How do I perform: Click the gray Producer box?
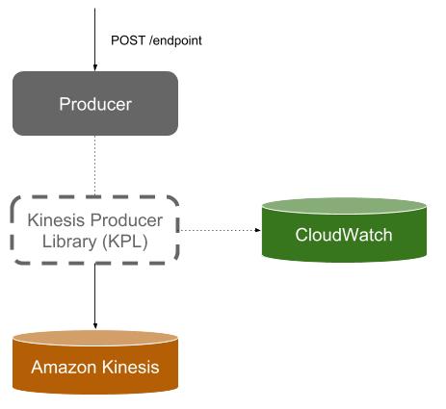pyautogui.click(x=95, y=103)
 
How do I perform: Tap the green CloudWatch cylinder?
pyautogui.click(x=344, y=230)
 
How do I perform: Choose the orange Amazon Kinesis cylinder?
pyautogui.click(x=95, y=362)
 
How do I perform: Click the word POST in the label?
pyautogui.click(x=128, y=40)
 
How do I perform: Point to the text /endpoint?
pyautogui.click(x=175, y=40)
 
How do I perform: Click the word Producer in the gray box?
pyautogui.click(x=95, y=104)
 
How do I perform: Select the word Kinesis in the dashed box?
pyautogui.click(x=56, y=220)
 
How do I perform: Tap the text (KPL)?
pyautogui.click(x=125, y=242)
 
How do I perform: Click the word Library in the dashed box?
pyautogui.click(x=69, y=242)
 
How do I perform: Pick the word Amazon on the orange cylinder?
pyautogui.click(x=64, y=367)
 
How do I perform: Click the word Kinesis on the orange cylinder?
pyautogui.click(x=131, y=367)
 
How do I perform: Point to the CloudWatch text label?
pyautogui.click(x=344, y=235)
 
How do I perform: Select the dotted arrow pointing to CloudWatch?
pyautogui.click(x=221, y=230)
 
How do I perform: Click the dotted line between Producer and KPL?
pyautogui.click(x=94, y=166)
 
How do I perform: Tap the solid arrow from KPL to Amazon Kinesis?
pyautogui.click(x=95, y=296)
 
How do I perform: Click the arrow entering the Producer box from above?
pyautogui.click(x=94, y=39)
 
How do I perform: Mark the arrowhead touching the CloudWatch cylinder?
pyautogui.click(x=258, y=230)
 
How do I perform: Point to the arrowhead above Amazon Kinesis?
pyautogui.click(x=95, y=326)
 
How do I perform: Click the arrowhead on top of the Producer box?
pyautogui.click(x=94, y=67)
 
